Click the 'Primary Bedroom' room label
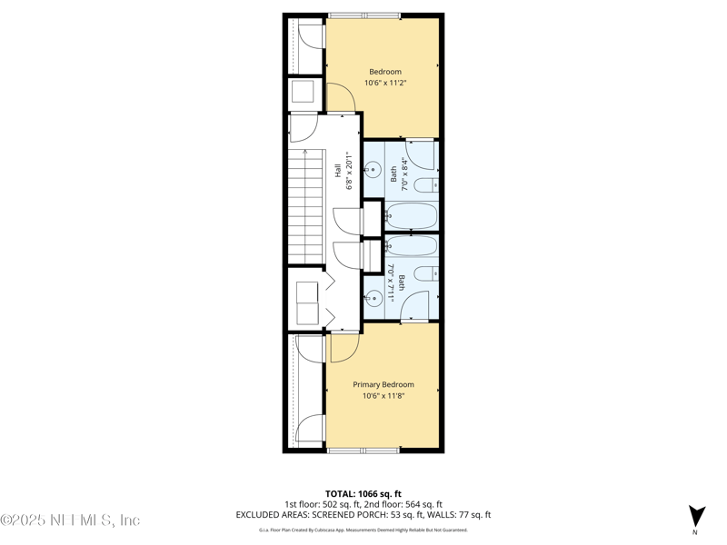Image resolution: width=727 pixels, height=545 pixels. (x=383, y=384)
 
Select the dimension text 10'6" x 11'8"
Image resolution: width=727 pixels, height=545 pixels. (x=383, y=395)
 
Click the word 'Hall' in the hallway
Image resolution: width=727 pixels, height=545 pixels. (x=337, y=183)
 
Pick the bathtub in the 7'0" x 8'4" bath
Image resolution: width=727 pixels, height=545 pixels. (x=412, y=216)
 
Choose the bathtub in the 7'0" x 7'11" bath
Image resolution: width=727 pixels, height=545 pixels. (x=412, y=245)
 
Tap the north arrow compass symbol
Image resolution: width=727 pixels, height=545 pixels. (x=696, y=515)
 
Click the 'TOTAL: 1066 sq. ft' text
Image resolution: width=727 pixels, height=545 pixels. (x=363, y=493)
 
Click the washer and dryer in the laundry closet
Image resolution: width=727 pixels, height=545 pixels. (x=307, y=302)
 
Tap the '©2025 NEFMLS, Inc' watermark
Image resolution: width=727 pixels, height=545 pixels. (x=71, y=520)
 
